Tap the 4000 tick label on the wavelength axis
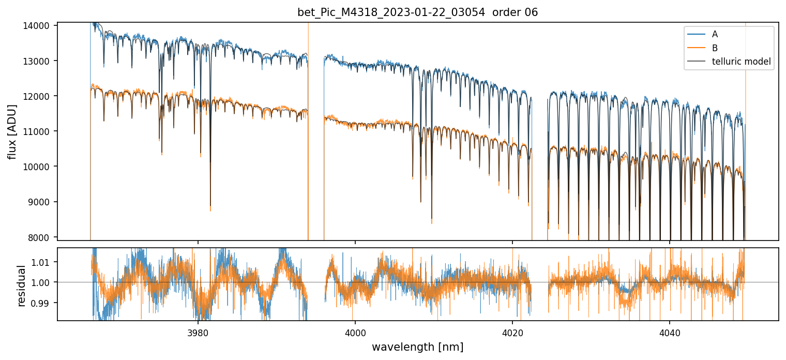[355, 331]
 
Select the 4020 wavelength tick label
[512, 331]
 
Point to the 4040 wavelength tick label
[670, 331]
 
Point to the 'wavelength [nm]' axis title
[417, 347]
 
